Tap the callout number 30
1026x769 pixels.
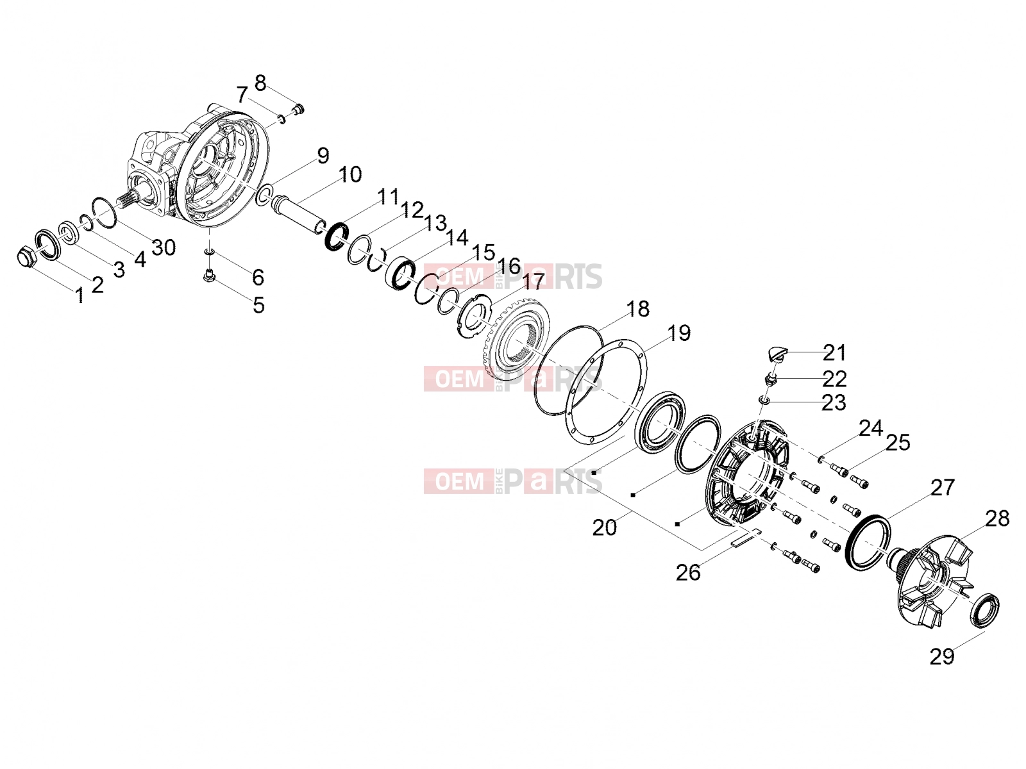(164, 247)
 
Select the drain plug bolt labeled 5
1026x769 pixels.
(208, 276)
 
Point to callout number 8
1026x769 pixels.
(260, 83)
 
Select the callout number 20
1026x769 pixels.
(605, 527)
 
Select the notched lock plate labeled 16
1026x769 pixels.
(473, 319)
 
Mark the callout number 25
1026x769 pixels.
(898, 443)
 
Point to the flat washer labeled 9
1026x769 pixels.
(265, 195)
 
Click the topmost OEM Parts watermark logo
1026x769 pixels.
(513, 276)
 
